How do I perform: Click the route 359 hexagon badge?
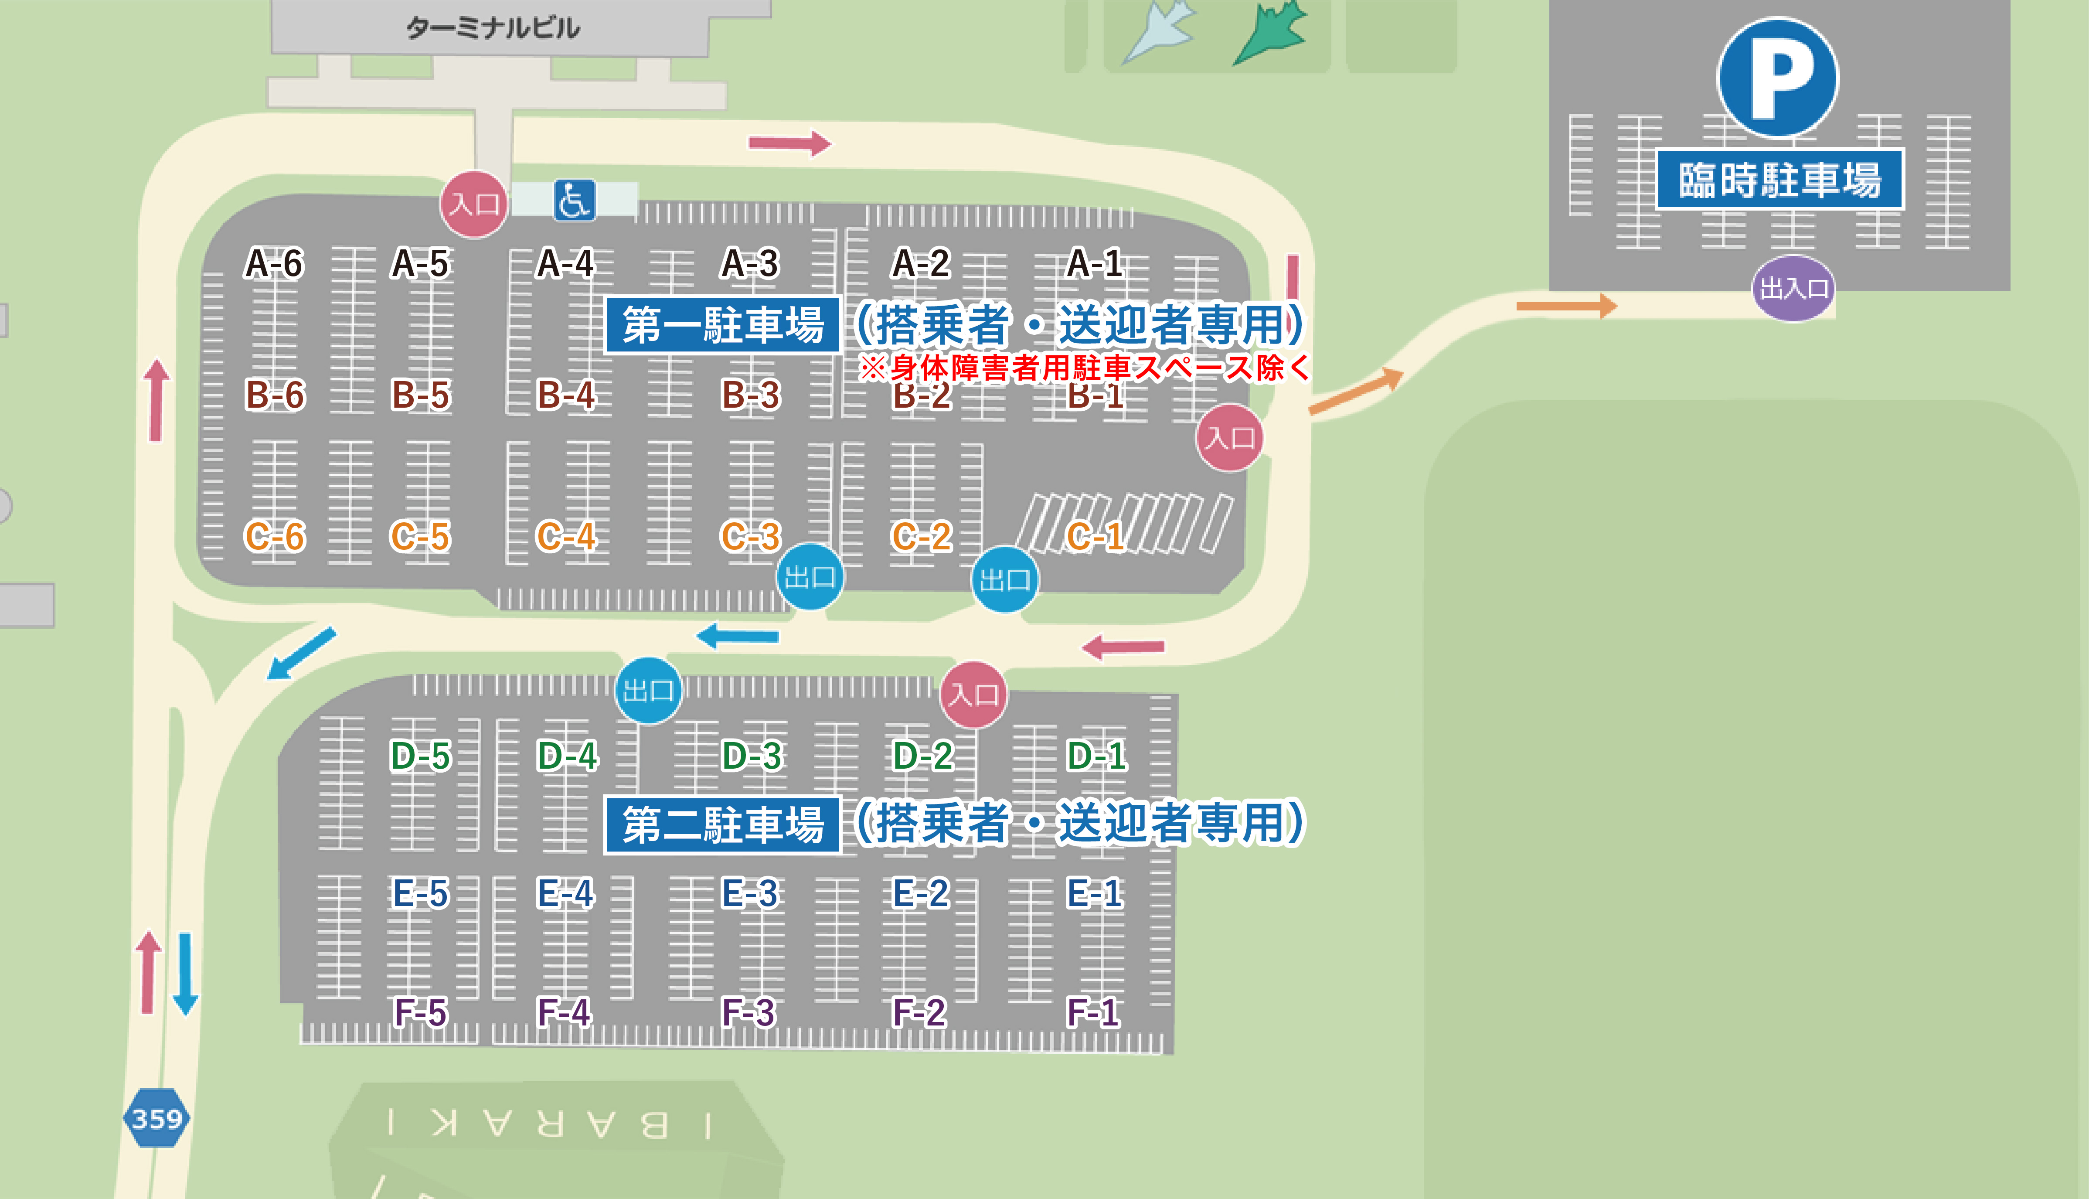point(157,1118)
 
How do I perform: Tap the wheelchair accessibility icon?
point(574,200)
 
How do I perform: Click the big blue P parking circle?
point(1778,78)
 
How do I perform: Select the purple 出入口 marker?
point(1793,288)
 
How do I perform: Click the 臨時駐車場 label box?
point(1779,180)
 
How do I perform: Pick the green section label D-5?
point(421,756)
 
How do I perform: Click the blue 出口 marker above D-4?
point(649,690)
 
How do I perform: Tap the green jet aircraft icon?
point(1272,33)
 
